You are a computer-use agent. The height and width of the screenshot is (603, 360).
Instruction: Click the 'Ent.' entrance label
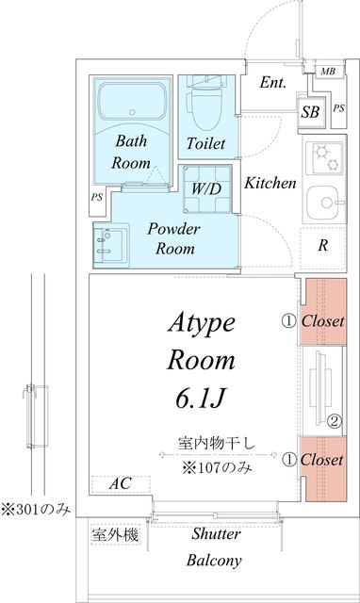click(272, 83)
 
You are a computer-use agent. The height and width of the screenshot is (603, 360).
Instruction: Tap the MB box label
click(327, 72)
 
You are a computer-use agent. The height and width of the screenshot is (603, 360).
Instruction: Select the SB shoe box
click(310, 112)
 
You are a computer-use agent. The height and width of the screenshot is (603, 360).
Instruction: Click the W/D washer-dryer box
click(205, 187)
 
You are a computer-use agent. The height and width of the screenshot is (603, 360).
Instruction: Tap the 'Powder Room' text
click(171, 239)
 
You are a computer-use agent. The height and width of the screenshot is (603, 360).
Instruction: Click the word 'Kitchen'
click(270, 183)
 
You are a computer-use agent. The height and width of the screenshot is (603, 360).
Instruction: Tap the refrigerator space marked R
click(322, 247)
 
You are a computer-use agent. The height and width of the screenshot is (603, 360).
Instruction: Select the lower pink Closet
click(323, 461)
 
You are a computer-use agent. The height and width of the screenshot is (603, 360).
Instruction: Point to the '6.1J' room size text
click(198, 399)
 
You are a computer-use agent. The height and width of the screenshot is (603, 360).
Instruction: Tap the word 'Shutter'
click(216, 534)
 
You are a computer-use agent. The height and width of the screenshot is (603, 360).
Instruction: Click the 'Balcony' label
click(213, 560)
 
